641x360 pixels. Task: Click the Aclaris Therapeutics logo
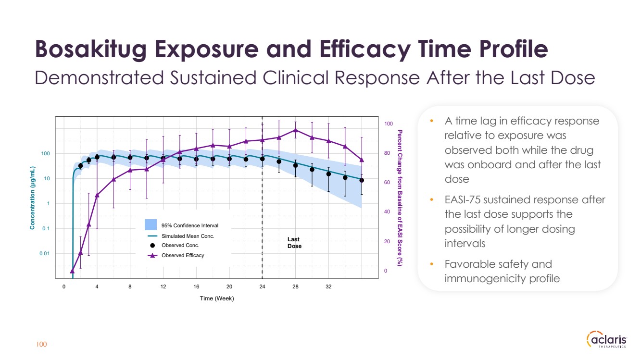click(x=607, y=340)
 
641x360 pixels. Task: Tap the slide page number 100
click(x=42, y=344)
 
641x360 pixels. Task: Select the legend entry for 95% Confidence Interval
click(x=189, y=225)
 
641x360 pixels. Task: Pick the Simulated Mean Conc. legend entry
click(x=188, y=236)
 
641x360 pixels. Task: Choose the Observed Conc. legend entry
click(x=180, y=246)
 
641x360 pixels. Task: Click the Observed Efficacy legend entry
click(x=182, y=255)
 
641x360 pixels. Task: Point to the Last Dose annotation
click(x=294, y=243)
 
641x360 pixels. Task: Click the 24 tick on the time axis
click(x=263, y=286)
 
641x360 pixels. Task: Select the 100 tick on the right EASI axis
click(x=389, y=124)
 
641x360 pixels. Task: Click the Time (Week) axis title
click(x=217, y=298)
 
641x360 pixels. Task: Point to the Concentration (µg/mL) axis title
click(x=33, y=198)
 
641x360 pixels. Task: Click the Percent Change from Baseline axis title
click(x=400, y=198)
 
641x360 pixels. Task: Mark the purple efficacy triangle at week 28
click(x=295, y=130)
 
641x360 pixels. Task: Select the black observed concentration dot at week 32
click(x=328, y=174)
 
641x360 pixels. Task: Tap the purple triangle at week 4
click(x=97, y=195)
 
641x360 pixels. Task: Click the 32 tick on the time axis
click(x=328, y=286)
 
